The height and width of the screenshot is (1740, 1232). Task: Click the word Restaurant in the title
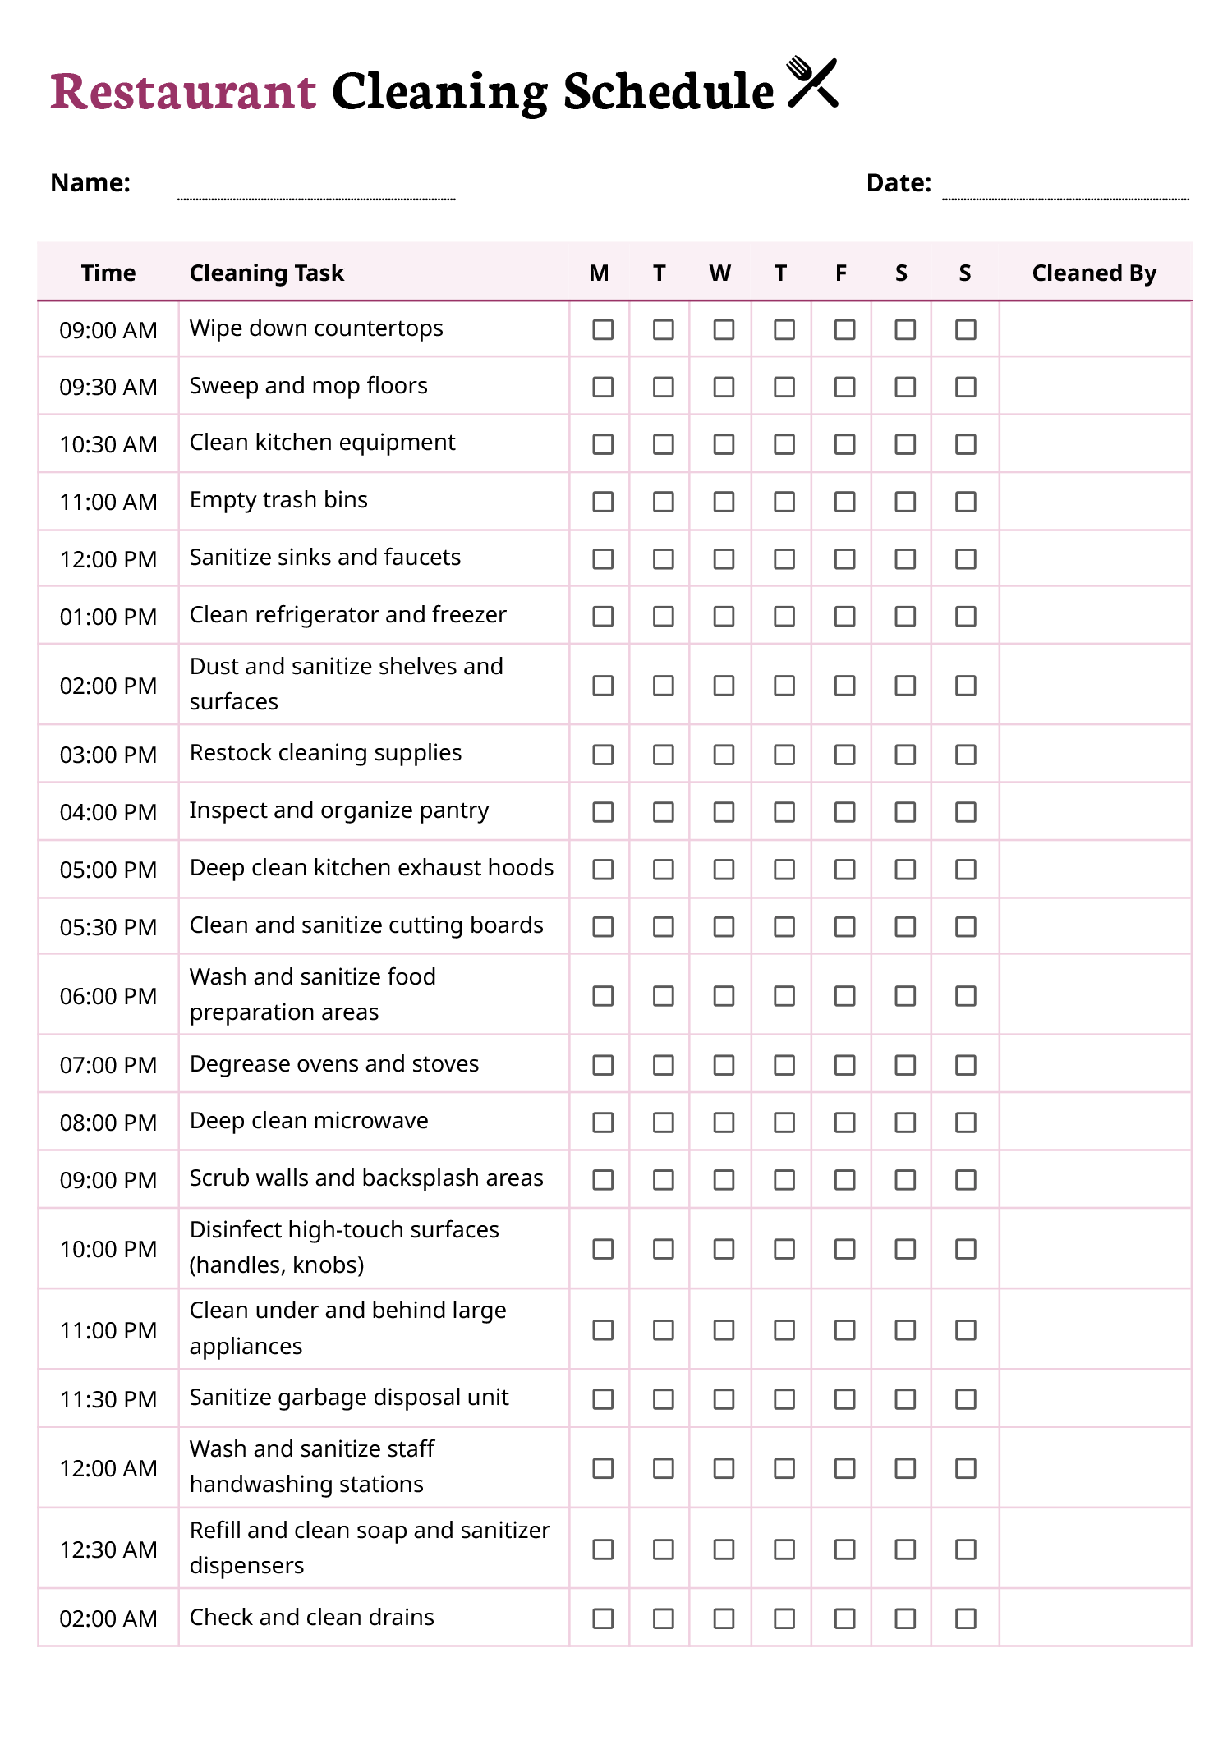coord(183,91)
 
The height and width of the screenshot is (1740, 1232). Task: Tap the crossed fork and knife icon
coord(812,82)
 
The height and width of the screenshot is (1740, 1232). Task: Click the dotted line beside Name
coord(316,198)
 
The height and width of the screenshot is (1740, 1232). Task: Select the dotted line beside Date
coord(1065,198)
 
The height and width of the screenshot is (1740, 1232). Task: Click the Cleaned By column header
coord(1094,273)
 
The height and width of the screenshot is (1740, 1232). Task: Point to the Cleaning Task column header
coord(267,273)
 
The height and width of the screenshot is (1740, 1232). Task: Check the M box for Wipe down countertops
coord(603,329)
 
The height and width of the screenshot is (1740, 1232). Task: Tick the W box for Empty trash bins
coord(724,502)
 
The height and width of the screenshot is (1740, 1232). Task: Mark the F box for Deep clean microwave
coord(844,1123)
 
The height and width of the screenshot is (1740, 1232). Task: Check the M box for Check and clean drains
coord(603,1618)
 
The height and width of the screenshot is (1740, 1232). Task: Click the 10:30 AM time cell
coord(108,444)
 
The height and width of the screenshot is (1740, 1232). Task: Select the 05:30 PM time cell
coord(108,927)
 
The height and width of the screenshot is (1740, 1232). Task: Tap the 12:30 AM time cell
coord(108,1549)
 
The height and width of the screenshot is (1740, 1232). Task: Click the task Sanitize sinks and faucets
coord(325,558)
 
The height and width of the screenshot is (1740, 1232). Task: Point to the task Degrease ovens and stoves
coord(334,1064)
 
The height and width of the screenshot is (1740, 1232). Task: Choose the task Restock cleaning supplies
coord(326,753)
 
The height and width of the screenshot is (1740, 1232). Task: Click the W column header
coord(720,273)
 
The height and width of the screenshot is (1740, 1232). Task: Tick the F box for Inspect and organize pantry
coord(844,812)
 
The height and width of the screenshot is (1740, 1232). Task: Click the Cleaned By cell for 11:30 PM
coord(1095,1398)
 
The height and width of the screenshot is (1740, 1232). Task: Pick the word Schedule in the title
coord(668,91)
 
